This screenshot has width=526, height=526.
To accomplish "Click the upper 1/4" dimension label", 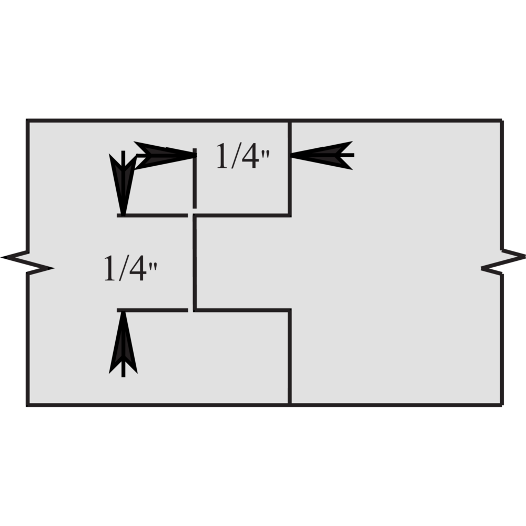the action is tap(243, 156).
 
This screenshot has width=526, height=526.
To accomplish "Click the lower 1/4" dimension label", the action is tap(130, 268).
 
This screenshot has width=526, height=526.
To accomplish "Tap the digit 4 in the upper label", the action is tap(249, 156).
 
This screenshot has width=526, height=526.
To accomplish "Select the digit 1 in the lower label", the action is tap(110, 268).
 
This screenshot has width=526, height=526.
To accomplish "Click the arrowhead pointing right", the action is tap(165, 155).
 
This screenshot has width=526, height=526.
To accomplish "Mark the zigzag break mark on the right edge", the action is tap(502, 262).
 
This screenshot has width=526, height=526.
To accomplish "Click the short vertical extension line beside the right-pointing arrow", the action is tap(195, 178).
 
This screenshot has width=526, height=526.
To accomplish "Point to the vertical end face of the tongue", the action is tap(195, 262).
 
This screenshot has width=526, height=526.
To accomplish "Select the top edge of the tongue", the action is tap(242, 215).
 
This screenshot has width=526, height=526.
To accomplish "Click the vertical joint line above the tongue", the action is tap(290, 168).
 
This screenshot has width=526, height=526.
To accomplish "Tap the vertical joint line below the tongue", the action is tap(290, 357).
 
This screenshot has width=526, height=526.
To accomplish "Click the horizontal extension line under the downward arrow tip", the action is tap(153, 215).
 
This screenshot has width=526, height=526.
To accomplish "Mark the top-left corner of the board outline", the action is tap(27, 120).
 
